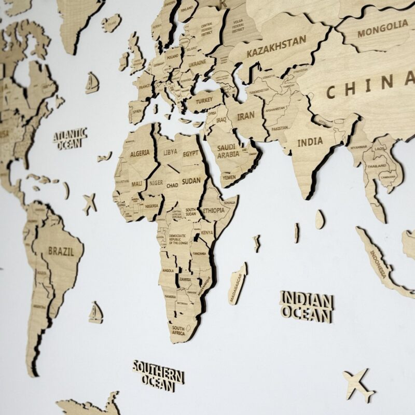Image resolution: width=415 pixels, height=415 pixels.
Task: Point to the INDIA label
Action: pos(310,141)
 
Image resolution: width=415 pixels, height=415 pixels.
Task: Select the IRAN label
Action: pos(245,116)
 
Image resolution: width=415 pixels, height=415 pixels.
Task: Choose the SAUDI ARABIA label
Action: pos(228,150)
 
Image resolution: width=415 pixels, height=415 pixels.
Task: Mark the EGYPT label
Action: pos(190,154)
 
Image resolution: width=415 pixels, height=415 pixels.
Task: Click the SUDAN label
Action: pos(191,181)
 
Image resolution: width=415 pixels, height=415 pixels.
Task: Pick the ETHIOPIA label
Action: pos(214,210)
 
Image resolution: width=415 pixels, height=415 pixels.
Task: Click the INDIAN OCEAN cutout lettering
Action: pos(306,306)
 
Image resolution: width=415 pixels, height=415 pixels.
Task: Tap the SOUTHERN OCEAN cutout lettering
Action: pos(158,376)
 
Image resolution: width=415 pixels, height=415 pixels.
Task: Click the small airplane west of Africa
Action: pos(90,203)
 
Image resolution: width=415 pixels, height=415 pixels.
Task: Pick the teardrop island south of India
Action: pos(320,219)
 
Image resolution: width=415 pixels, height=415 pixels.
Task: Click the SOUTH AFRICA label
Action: pos(178,330)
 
